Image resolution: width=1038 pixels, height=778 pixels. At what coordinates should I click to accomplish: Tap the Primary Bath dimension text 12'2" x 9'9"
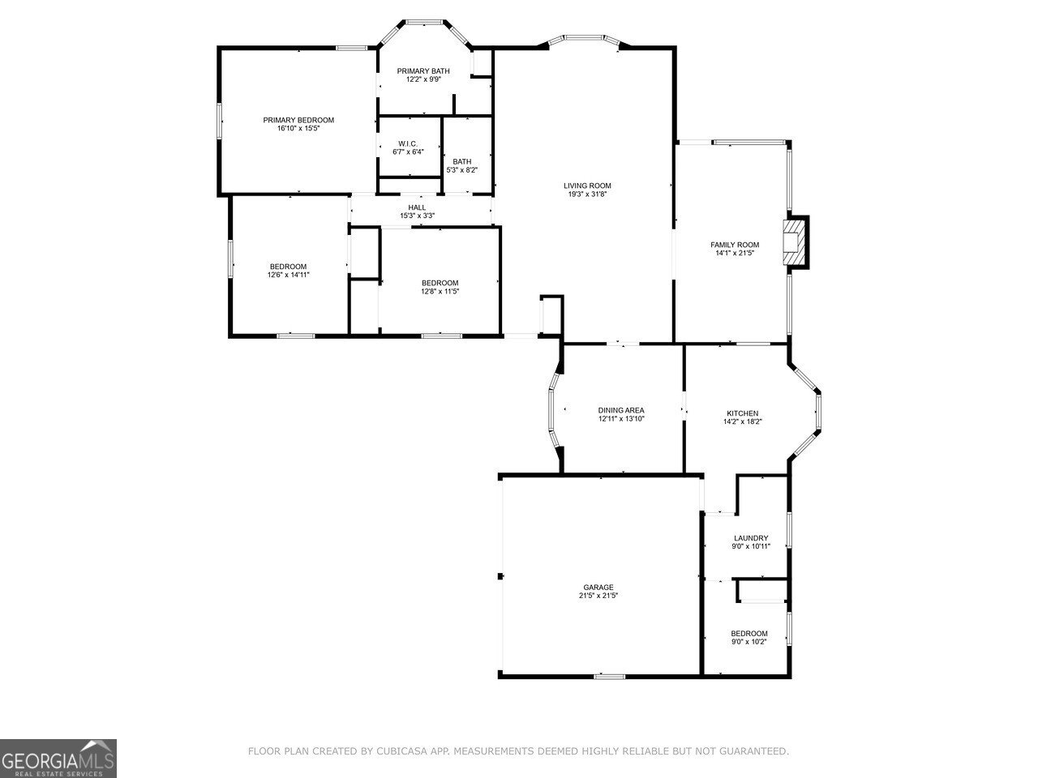coord(422,79)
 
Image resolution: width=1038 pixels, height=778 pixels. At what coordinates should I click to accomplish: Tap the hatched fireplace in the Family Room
coord(796,242)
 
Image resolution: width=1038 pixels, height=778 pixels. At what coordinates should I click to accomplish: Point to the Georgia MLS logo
coord(58,759)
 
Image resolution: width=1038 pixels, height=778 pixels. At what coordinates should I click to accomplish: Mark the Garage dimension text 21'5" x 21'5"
coord(598,596)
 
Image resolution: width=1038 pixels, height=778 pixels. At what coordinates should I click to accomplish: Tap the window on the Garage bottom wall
coord(609,675)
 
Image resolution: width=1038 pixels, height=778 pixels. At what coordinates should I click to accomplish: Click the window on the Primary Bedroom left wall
coord(219,122)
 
